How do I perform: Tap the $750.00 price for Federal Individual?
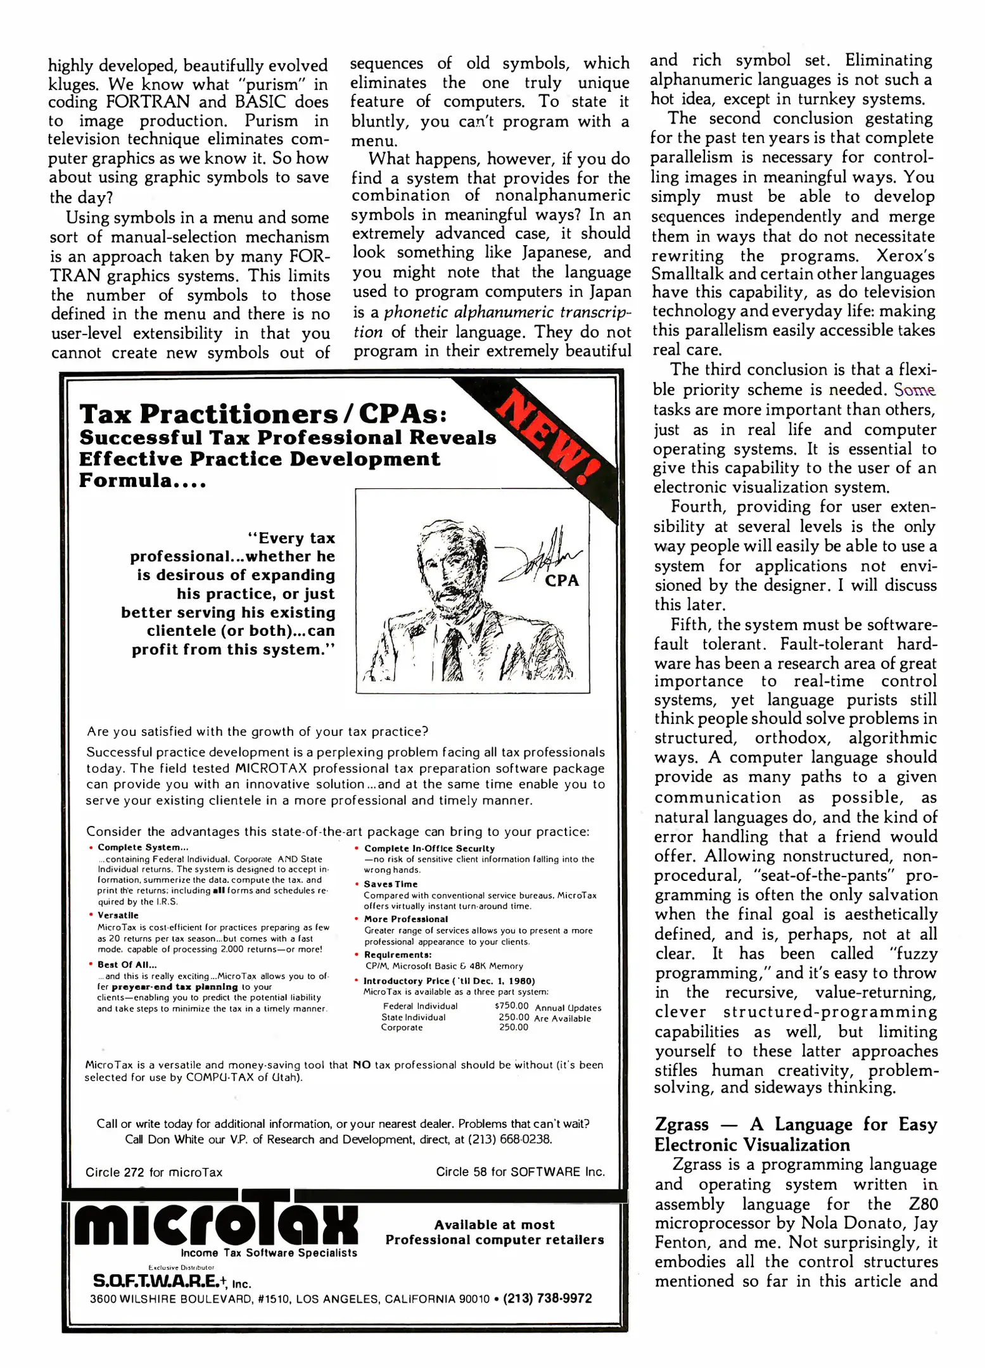point(511,1006)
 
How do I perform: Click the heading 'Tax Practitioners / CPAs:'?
point(264,414)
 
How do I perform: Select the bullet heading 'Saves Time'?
point(391,884)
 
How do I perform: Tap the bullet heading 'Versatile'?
point(118,915)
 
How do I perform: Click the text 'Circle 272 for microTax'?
point(154,1172)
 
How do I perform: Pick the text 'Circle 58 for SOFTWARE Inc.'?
point(520,1172)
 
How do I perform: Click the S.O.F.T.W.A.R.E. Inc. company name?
point(172,1281)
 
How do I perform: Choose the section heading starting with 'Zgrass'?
point(795,1134)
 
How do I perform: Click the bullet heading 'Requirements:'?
point(398,954)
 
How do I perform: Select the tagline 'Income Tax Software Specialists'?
point(269,1253)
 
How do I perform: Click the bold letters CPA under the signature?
point(562,580)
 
